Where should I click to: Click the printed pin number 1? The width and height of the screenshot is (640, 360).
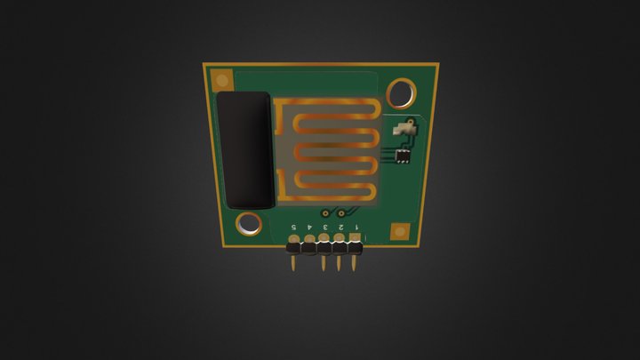[x=356, y=228]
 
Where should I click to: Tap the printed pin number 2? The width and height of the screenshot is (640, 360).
[x=341, y=228]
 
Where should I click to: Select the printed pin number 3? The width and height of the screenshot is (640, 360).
[x=325, y=228]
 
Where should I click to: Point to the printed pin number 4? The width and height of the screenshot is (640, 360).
[x=310, y=228]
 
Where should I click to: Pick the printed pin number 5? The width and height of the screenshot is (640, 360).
[x=294, y=228]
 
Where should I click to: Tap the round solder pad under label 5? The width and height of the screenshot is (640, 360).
[x=293, y=239]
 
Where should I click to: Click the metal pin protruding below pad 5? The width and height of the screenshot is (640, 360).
[x=294, y=263]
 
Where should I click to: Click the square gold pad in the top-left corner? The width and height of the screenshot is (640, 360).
[x=216, y=78]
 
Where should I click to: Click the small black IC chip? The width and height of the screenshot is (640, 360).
[x=403, y=156]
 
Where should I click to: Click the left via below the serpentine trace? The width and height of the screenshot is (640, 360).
[x=325, y=213]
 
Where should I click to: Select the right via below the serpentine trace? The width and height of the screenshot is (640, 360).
[x=340, y=213]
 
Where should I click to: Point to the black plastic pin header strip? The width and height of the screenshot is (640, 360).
[x=324, y=248]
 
